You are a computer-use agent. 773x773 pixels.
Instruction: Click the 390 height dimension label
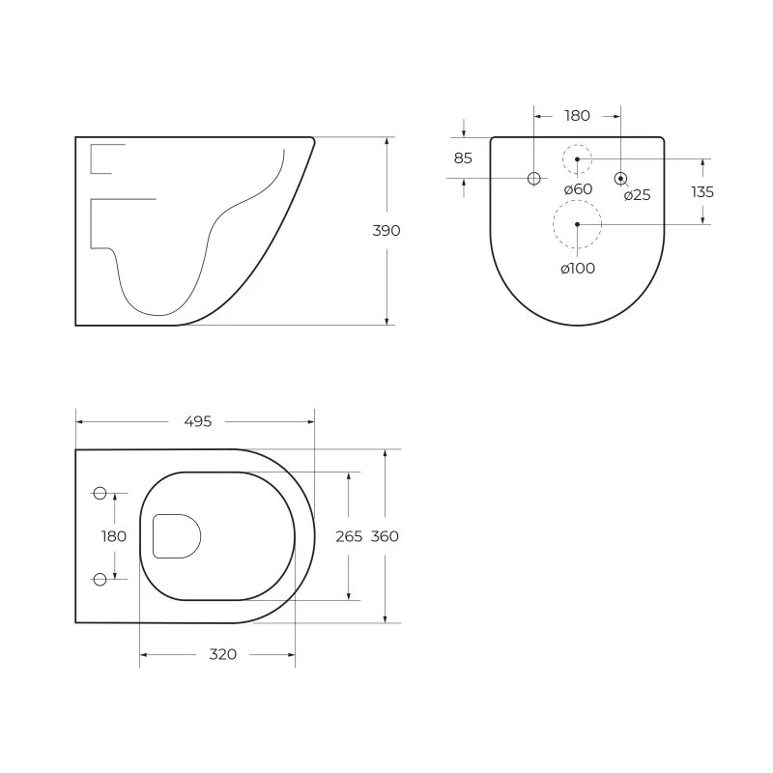click(x=386, y=230)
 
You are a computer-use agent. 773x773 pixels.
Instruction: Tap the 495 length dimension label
click(x=198, y=421)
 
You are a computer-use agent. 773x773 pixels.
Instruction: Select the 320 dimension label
click(x=223, y=654)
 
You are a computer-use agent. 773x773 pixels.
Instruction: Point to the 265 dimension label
click(x=349, y=536)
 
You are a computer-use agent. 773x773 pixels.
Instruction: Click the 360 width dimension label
click(x=385, y=536)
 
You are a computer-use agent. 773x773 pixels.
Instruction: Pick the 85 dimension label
click(x=463, y=158)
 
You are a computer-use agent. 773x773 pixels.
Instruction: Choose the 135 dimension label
click(x=702, y=191)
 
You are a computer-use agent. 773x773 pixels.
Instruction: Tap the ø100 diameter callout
click(x=578, y=269)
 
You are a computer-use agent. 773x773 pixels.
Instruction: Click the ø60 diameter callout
click(x=578, y=188)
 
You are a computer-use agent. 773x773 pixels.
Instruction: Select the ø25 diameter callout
click(x=637, y=195)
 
